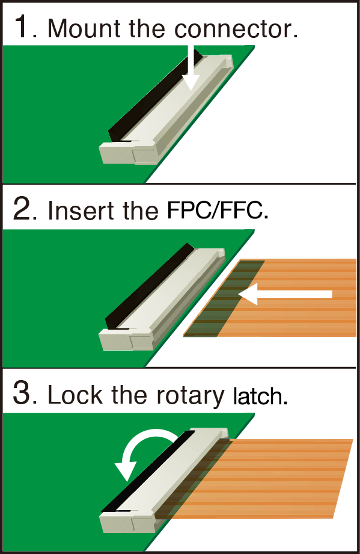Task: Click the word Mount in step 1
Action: [x=78, y=28]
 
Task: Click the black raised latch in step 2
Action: [x=147, y=283]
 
